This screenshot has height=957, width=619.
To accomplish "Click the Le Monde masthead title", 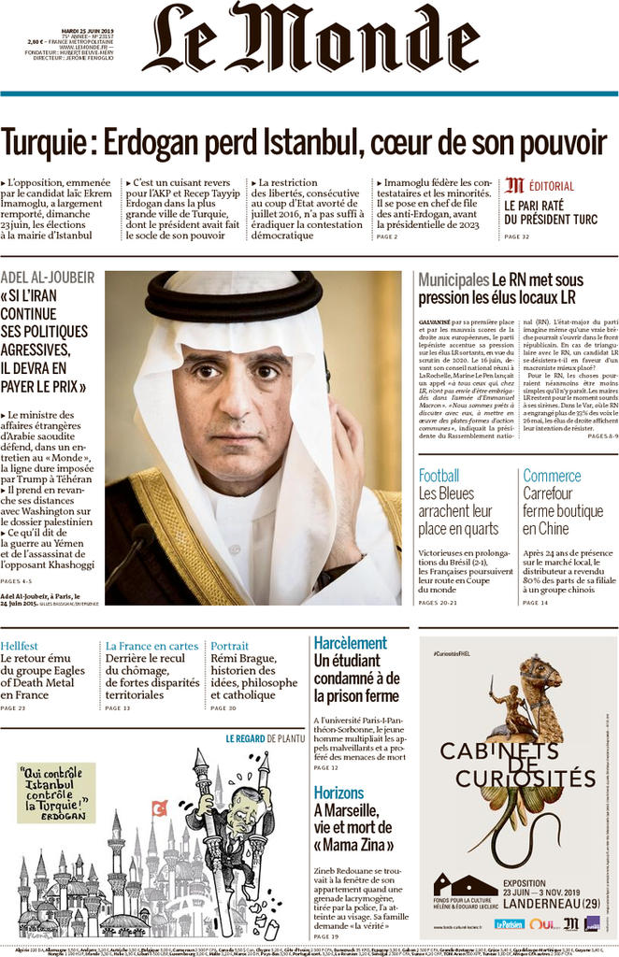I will pos(309,39).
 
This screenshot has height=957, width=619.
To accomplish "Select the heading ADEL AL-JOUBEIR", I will pos(48,278).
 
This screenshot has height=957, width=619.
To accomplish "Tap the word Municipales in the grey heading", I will pos(453,279).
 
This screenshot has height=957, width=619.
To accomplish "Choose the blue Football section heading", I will pos(439,475).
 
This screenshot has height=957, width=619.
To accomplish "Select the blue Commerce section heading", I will pos(552,475).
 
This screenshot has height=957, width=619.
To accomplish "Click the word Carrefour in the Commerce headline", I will pos(552,493).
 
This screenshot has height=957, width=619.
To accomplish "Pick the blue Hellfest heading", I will pos(20,646).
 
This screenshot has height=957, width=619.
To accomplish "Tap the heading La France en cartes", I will pos(151,646).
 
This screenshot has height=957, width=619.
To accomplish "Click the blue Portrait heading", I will pos(229,646).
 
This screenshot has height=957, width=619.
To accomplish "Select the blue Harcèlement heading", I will pos(350,643).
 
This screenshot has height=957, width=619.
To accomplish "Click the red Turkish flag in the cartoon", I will pos(159,807).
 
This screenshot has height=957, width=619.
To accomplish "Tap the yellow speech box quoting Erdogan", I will pos(56,792).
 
